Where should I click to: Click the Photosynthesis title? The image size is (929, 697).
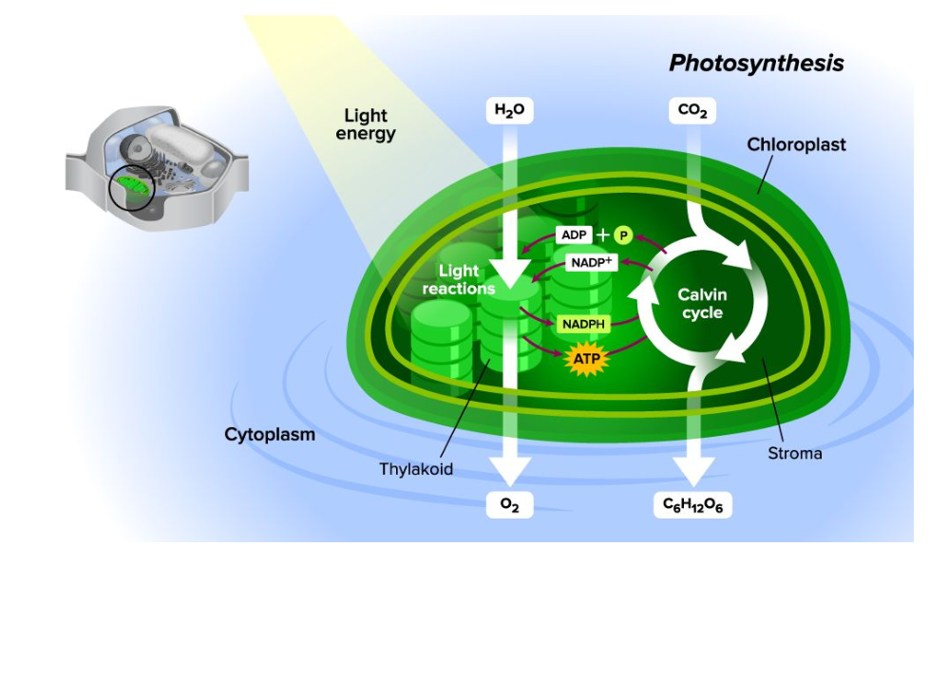pos(756,64)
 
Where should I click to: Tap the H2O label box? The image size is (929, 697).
pos(509,111)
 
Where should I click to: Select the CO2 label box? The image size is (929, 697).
pos(692,111)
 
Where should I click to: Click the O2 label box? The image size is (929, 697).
pos(510,505)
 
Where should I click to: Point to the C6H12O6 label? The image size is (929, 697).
pos(692,505)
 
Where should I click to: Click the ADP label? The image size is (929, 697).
pos(576,235)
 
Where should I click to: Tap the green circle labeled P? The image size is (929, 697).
pos(623,235)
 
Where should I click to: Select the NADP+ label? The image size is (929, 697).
pos(592,261)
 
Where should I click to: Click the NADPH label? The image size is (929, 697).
pos(583,324)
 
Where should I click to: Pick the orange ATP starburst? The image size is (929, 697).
pos(586,359)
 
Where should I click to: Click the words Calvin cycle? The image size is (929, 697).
pos(702,304)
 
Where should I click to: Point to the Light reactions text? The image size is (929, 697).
pos(459,280)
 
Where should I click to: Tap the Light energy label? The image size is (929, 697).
pos(366,124)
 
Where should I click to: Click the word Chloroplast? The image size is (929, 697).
pos(796,145)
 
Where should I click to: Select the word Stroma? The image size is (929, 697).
pos(794,454)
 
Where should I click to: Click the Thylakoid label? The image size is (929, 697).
pos(416,469)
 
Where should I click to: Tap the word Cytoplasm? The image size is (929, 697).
pos(270,435)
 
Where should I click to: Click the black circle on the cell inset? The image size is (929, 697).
pos(130,187)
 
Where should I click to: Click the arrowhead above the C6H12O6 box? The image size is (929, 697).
pos(692,469)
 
